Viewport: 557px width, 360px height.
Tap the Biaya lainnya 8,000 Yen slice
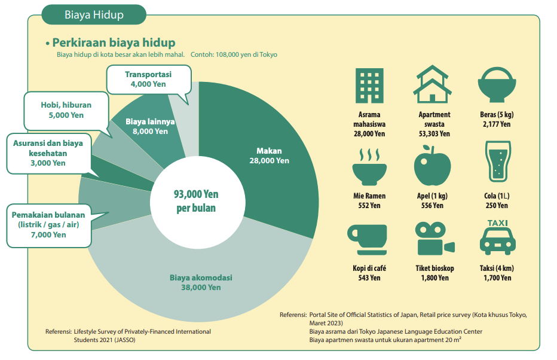pos(150,126)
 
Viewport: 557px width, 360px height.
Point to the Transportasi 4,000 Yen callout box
pos(148,80)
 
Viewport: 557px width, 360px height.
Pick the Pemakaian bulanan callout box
pos(48,225)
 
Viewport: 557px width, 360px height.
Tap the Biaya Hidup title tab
pos(94,15)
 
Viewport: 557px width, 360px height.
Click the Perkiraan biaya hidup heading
pos(114,42)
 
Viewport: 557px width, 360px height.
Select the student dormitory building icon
pos(369,85)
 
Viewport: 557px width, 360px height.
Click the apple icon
pos(432,167)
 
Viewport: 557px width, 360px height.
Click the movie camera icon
pos(434,239)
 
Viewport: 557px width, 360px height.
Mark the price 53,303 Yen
pos(434,134)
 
